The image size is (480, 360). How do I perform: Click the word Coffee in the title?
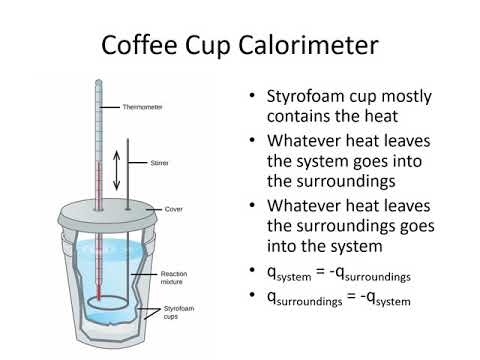coord(149,47)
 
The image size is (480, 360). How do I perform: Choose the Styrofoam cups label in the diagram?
coord(180,312)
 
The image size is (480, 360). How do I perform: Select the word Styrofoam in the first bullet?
coord(303,97)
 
